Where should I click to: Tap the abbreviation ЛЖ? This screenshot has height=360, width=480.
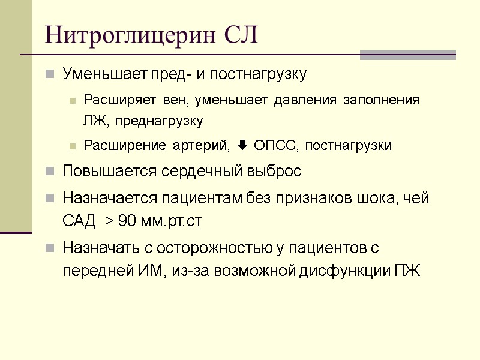coord(94,121)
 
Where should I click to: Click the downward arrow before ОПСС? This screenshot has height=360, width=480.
coord(243,146)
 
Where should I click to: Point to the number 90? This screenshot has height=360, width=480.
coord(127,221)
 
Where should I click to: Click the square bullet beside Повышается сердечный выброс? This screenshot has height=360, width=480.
coord(50,172)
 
